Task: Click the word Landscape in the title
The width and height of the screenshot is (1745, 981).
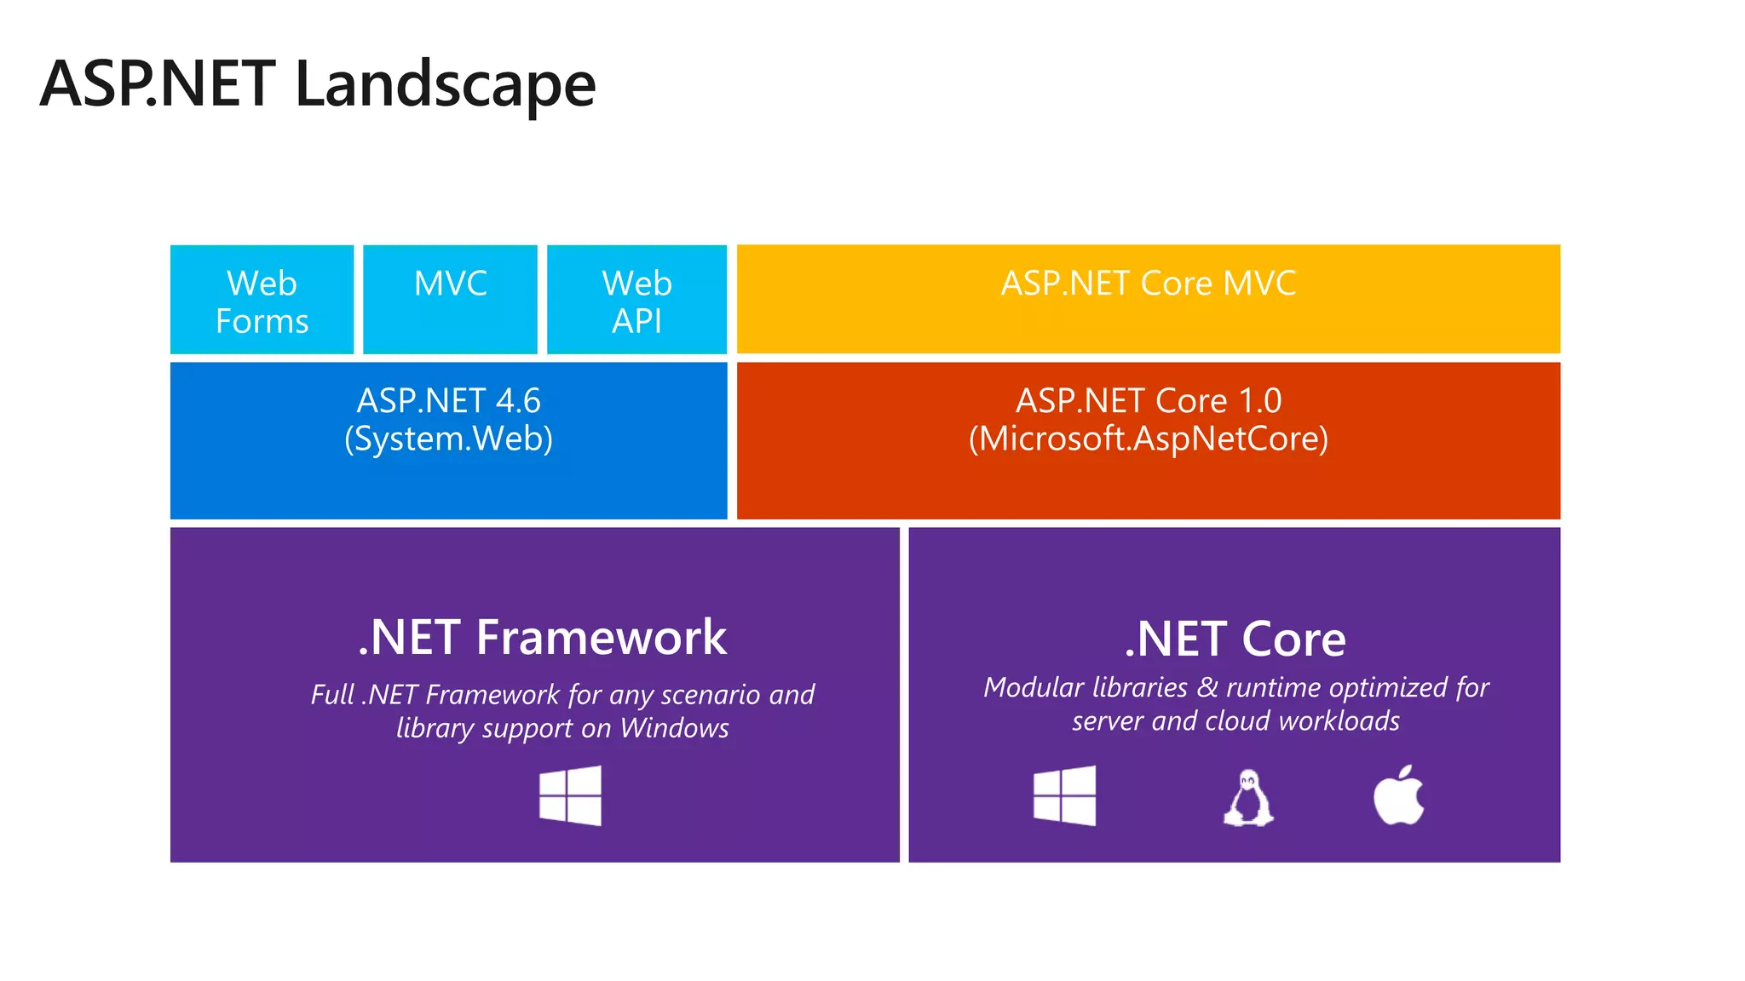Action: [445, 85]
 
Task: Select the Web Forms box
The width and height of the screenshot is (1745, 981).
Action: [262, 301]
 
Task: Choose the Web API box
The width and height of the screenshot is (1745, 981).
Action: [636, 301]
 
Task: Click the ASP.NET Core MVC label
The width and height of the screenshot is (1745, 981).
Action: [1148, 284]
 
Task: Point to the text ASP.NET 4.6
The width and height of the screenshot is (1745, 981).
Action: [448, 400]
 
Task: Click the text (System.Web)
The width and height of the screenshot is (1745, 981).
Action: [448, 439]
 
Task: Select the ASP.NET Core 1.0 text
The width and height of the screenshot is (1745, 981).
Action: [1148, 400]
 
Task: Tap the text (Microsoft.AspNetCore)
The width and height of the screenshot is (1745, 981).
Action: [1148, 439]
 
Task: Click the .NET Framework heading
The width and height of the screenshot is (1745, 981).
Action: [542, 637]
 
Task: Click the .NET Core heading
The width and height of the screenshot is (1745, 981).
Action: [1235, 639]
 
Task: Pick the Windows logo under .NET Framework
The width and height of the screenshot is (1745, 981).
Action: [570, 795]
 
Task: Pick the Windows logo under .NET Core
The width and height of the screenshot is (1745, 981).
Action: [1064, 795]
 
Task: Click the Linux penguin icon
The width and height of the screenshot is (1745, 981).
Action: [1248, 797]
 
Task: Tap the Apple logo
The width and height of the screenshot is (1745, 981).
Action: [1398, 795]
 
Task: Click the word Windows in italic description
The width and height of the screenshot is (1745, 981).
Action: [674, 728]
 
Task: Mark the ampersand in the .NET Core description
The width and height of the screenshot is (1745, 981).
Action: [1207, 687]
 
